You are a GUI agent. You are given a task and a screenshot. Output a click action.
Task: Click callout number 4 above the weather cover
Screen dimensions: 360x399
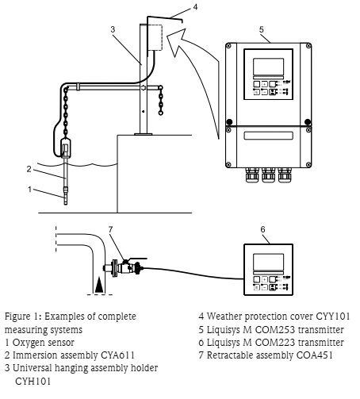point(195,7)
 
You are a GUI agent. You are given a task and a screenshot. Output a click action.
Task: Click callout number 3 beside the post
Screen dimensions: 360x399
point(113,29)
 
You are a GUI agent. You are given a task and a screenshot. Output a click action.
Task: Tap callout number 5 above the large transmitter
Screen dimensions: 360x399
point(262,29)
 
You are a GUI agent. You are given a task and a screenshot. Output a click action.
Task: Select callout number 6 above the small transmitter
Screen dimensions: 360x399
point(262,229)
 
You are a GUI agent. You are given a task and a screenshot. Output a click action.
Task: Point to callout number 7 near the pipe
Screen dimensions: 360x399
point(110,229)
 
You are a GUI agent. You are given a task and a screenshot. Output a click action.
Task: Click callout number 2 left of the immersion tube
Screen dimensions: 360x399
point(29,169)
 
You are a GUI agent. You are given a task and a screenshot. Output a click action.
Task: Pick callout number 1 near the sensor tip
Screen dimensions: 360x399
point(30,190)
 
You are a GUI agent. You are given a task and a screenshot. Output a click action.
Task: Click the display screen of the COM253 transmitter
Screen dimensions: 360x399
point(268,67)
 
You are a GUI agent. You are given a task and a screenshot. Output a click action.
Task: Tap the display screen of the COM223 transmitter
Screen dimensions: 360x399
point(268,262)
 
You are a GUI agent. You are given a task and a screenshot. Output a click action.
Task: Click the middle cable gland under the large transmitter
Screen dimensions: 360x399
point(268,175)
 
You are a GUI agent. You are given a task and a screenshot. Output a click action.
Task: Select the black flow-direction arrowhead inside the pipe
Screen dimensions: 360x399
point(99,285)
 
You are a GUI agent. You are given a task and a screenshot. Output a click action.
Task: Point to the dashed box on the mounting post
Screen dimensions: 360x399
point(155,37)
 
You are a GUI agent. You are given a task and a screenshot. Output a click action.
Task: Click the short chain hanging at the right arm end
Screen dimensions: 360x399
point(160,100)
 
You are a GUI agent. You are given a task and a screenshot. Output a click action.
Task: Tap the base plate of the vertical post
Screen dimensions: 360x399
point(144,134)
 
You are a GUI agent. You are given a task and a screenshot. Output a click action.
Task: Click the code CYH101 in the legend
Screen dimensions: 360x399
point(33,382)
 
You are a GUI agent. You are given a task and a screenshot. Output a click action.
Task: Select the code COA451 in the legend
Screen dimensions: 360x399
point(314,355)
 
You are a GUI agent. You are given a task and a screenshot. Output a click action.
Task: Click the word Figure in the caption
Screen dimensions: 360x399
point(17,317)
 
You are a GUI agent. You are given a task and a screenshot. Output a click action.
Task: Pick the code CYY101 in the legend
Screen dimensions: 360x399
point(333,317)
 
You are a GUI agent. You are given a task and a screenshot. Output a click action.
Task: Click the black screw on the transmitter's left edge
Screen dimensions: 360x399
point(229,122)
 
